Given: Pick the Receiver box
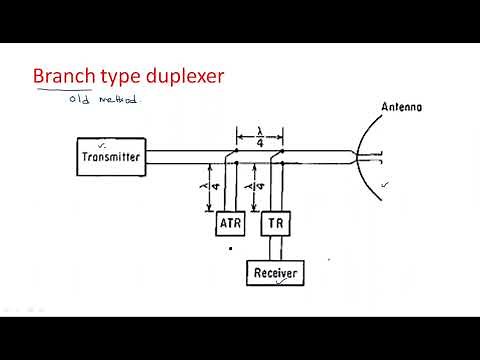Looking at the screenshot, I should tap(274, 271).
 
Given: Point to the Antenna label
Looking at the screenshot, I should tap(404, 107).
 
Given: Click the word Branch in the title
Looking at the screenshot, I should tap(65, 76).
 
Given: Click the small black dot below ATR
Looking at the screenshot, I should tap(230, 247).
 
